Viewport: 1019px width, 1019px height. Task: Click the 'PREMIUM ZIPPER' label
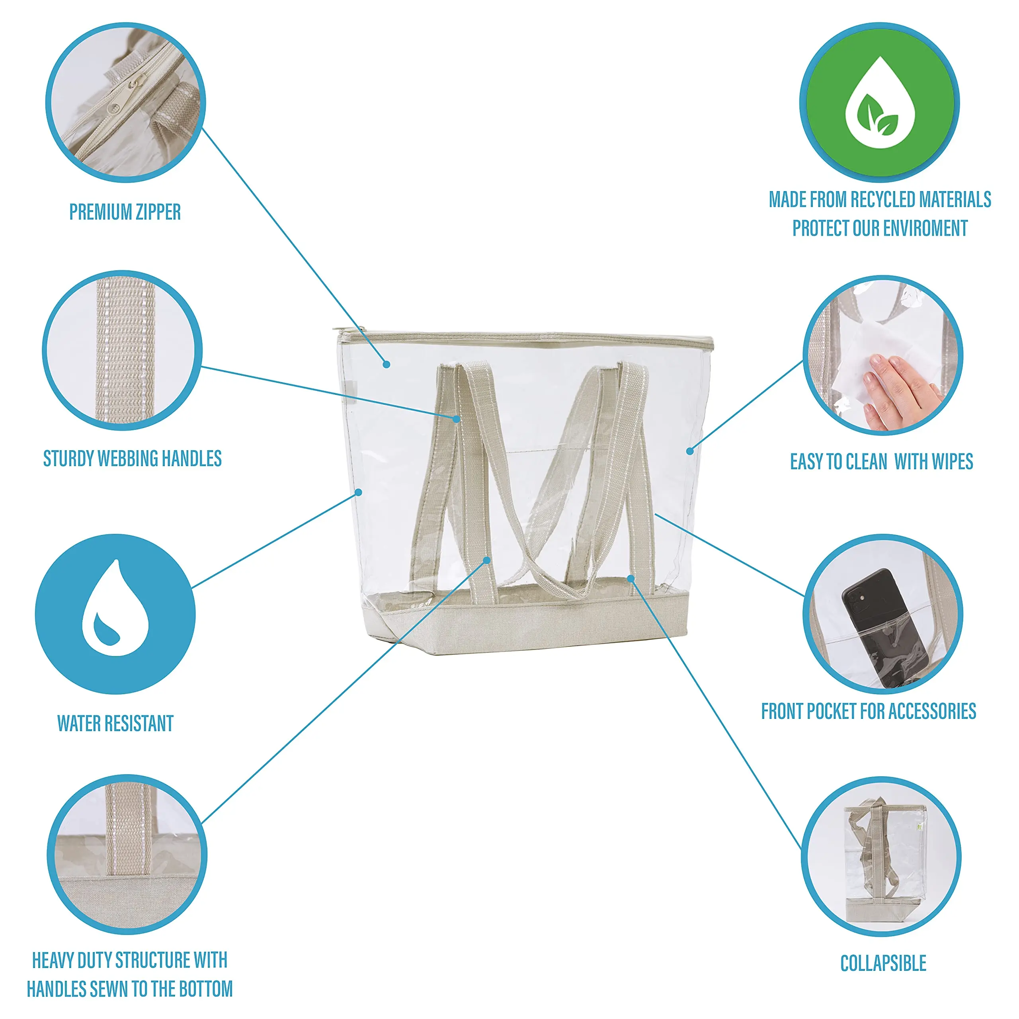pyautogui.click(x=125, y=212)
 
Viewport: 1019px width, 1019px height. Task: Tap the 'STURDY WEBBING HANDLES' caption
pyautogui.click(x=133, y=458)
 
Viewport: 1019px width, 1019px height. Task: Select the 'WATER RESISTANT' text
pyautogui.click(x=115, y=723)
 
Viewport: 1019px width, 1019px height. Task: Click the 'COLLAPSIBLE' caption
pyautogui.click(x=883, y=963)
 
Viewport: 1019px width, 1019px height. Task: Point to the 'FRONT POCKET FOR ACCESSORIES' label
pyautogui.click(x=869, y=711)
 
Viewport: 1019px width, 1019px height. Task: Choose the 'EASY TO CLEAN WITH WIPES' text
pyautogui.click(x=881, y=461)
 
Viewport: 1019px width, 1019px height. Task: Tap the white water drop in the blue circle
pyautogui.click(x=115, y=607)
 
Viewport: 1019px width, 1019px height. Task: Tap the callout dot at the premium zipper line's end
pyautogui.click(x=387, y=364)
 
